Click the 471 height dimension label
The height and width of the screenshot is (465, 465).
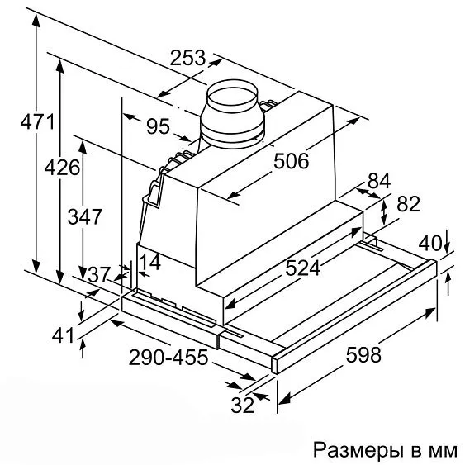37,121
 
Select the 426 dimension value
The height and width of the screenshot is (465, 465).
62,168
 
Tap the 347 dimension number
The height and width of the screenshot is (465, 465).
85,216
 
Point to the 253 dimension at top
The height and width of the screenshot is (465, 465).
187,58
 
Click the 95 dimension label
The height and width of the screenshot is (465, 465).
159,126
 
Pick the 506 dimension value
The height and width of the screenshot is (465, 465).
291,161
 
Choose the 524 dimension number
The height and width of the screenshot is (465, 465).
303,268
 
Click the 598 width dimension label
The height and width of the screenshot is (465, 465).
363,354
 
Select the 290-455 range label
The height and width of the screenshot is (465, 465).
168,357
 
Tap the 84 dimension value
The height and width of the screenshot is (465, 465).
379,181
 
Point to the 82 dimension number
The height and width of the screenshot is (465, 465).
408,203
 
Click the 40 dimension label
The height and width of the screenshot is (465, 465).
430,244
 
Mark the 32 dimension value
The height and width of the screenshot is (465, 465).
243,405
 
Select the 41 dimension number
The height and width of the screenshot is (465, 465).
63,335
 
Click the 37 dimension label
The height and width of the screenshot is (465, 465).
99,274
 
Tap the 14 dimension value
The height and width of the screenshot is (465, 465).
149,262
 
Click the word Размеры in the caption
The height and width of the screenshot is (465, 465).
358,449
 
